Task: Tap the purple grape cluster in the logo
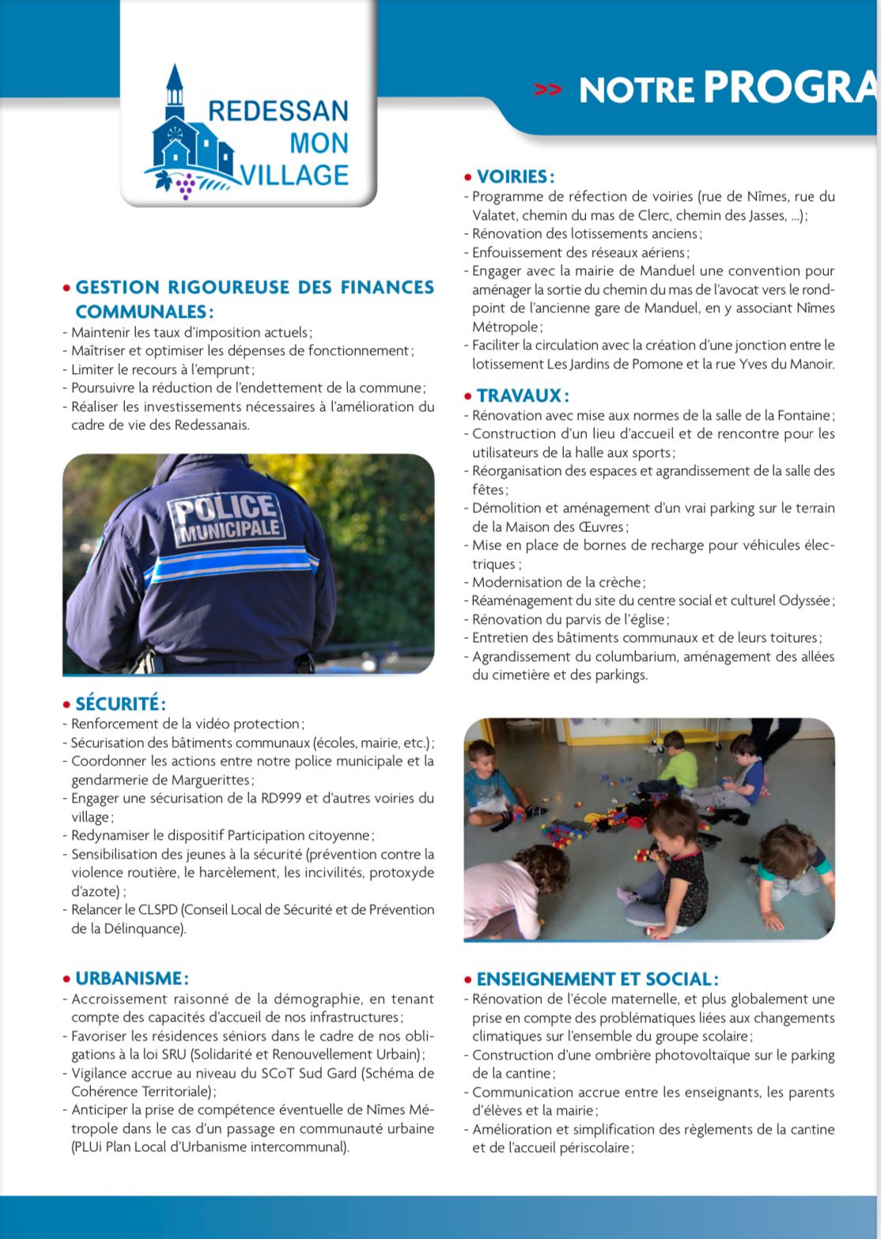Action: [186, 187]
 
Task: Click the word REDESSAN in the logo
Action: [278, 111]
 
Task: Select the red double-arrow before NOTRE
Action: [547, 89]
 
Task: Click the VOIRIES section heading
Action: [515, 176]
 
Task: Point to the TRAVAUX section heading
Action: [522, 395]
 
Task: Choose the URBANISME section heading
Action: [131, 979]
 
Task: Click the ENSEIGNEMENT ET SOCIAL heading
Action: [597, 979]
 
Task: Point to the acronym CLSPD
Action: [160, 909]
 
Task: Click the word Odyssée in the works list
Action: [803, 601]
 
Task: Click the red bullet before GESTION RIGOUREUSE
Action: [67, 288]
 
